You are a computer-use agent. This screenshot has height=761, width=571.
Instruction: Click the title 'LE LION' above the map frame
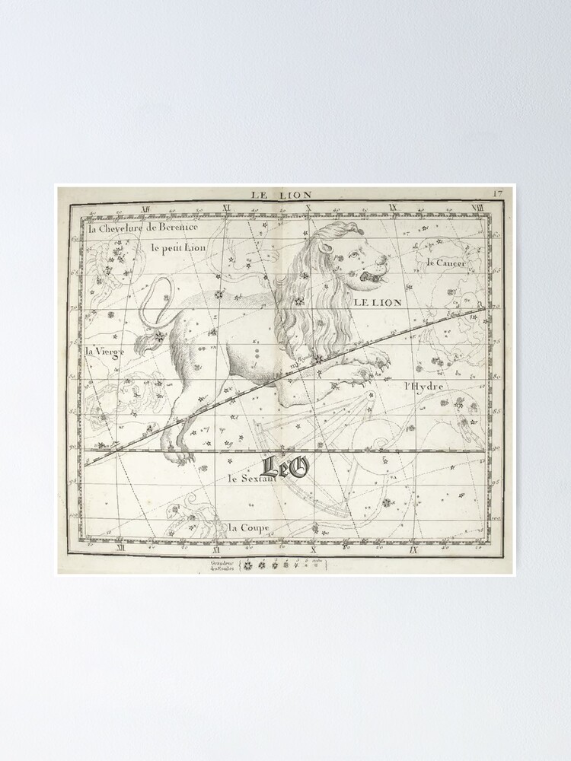[282, 195]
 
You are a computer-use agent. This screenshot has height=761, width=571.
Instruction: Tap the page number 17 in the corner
[498, 193]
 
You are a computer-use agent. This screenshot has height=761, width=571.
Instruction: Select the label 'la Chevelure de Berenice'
[143, 228]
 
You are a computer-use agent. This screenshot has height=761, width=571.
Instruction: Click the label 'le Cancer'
[445, 263]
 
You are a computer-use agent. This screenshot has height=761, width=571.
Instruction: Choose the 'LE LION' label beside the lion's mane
[377, 302]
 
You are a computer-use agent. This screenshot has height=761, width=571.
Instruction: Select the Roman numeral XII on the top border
[145, 208]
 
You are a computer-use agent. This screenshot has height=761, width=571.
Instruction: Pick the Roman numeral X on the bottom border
[314, 549]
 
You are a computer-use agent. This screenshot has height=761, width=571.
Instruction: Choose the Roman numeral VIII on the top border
[477, 208]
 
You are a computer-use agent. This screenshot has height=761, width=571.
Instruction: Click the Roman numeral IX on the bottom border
[411, 549]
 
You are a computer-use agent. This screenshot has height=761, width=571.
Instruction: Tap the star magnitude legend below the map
[279, 565]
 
